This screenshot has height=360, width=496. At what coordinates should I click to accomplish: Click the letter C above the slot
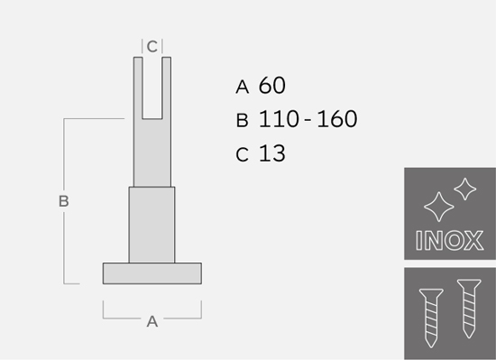tap(152, 47)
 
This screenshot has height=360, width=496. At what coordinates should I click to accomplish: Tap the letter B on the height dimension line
tap(64, 201)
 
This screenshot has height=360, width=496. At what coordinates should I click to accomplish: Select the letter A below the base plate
tap(152, 321)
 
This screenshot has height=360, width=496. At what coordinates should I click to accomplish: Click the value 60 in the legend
tap(272, 86)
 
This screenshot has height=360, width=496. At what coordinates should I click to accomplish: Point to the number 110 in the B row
tap(279, 119)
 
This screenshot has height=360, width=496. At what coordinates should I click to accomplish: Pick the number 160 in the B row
tap(337, 119)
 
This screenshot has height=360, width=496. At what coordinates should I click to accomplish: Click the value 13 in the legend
tap(272, 153)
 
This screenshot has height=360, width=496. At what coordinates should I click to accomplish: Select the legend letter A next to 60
tap(243, 87)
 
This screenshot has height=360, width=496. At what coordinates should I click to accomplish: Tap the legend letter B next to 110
tap(242, 121)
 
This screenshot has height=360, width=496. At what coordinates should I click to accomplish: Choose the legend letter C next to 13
tap(242, 154)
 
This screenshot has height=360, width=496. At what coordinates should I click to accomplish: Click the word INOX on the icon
tap(449, 240)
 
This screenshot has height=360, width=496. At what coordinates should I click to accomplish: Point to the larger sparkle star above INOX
tap(439, 207)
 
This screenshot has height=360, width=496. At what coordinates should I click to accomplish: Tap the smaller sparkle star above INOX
tap(465, 189)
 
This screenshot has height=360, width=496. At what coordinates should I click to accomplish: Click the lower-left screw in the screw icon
tap(431, 318)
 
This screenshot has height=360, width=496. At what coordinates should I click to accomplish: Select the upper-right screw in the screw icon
tap(469, 309)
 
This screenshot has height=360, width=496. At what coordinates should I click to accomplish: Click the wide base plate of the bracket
tap(152, 273)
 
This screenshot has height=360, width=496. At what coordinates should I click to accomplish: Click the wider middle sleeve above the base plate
tap(152, 225)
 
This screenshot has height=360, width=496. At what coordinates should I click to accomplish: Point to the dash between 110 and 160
tap(308, 120)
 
